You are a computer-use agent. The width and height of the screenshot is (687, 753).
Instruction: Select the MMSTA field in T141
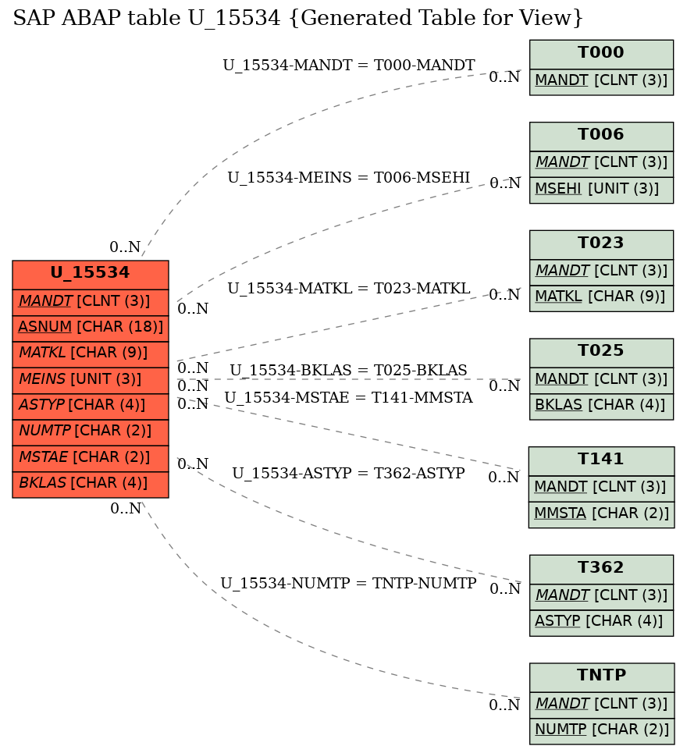(x=601, y=515)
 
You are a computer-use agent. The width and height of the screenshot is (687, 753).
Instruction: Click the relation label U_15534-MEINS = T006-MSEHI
(x=349, y=178)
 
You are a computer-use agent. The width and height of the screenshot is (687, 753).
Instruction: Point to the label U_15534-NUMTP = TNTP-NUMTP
(x=348, y=583)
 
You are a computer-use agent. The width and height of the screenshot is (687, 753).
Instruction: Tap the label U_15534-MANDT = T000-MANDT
(x=349, y=65)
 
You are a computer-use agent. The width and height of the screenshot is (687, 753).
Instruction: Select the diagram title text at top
(x=298, y=18)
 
